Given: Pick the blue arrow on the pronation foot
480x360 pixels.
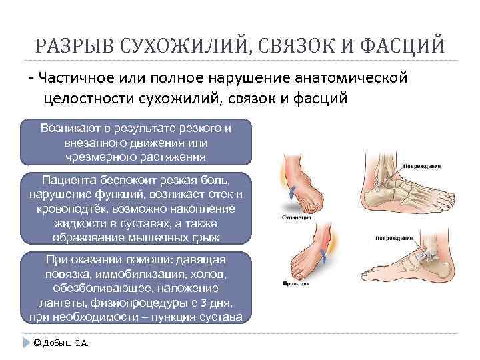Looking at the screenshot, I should coord(323,256).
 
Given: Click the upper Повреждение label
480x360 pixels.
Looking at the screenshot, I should coord(420,165).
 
